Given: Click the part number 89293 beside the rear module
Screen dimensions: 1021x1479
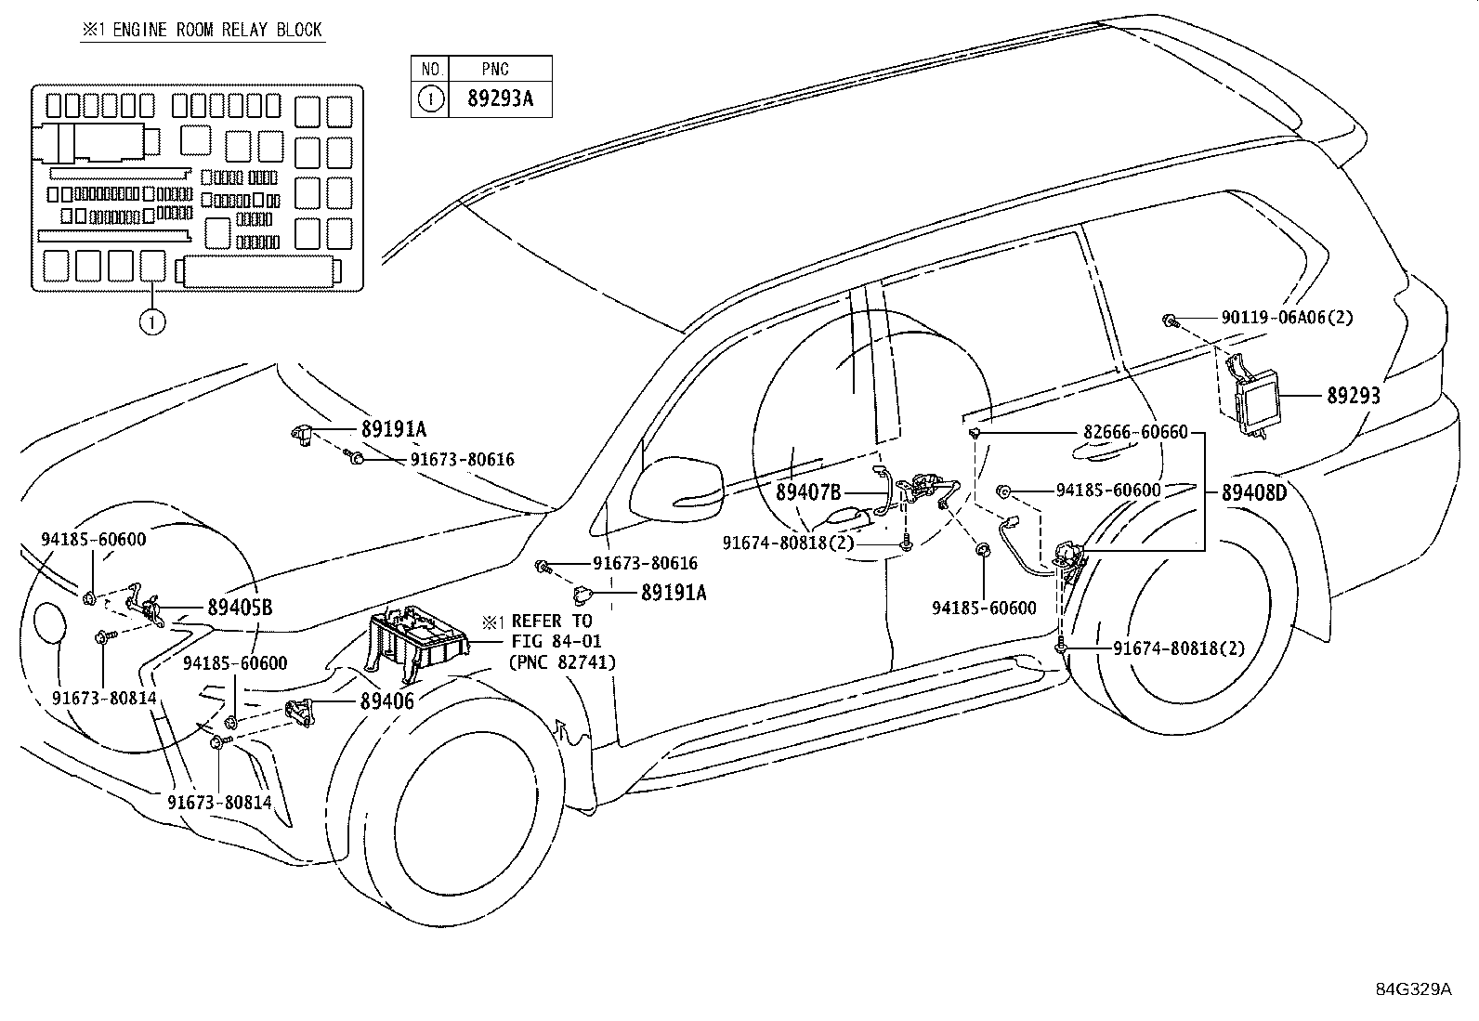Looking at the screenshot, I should point(1353,395).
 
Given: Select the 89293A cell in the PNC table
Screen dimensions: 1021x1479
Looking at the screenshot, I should point(500,99).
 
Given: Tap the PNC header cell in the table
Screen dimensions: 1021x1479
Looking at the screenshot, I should point(495,69).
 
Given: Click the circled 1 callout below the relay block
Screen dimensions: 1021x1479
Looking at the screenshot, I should point(152,322).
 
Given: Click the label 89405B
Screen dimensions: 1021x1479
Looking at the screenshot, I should point(240,608).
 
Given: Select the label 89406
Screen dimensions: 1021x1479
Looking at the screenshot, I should point(386,702).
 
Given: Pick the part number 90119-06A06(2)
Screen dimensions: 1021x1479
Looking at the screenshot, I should point(1287,318).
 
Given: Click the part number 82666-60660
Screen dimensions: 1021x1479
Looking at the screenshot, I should point(1135,433).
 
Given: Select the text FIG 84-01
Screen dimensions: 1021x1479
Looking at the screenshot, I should point(556,641).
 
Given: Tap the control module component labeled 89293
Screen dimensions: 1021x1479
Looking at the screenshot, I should point(1255,399).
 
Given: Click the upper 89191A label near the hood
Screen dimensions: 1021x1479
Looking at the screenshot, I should point(393,429).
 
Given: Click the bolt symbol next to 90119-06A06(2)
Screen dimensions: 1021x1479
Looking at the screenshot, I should point(1171,321).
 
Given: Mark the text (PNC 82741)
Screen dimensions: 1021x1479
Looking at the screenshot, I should point(561,661).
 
